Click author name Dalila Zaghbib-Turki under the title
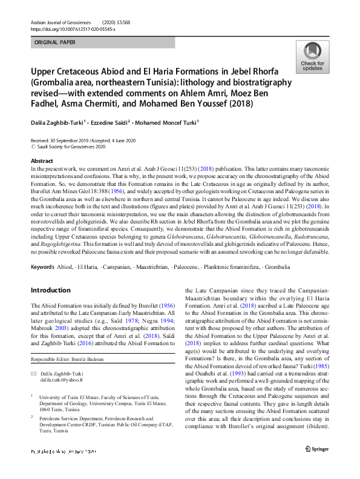coord(64,122)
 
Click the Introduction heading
coord(51,291)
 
